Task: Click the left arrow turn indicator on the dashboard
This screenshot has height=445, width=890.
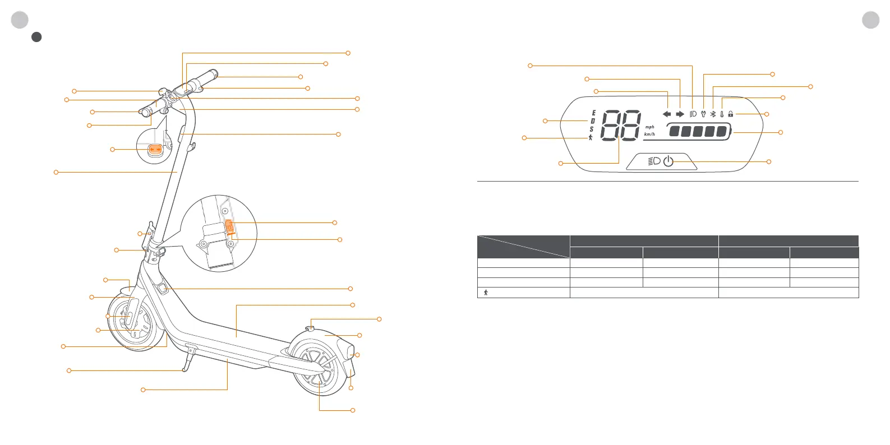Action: click(667, 114)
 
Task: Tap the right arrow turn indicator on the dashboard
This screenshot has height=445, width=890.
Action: click(680, 114)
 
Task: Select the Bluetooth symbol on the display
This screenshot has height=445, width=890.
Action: click(713, 114)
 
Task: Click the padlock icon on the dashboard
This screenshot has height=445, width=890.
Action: click(731, 114)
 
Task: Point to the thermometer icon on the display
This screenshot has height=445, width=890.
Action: click(722, 114)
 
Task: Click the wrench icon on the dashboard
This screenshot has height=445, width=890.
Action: click(703, 114)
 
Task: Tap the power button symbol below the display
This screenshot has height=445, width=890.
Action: click(668, 161)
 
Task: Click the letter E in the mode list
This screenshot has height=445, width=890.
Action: click(593, 113)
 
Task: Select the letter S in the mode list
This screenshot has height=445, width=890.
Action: click(592, 129)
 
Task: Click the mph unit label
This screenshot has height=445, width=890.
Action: click(649, 127)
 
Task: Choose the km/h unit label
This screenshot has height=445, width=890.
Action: click(649, 135)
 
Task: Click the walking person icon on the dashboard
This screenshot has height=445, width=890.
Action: click(591, 137)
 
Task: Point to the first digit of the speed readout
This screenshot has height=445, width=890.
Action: click(610, 124)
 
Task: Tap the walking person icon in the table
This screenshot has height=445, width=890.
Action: click(486, 293)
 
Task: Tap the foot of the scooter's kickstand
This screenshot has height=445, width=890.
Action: click(184, 370)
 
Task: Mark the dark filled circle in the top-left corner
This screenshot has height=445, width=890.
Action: click(36, 37)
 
